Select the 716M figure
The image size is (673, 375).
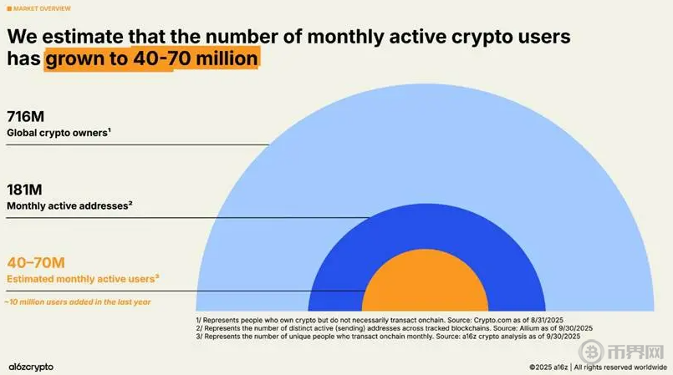click(24, 117)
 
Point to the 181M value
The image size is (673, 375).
click(25, 189)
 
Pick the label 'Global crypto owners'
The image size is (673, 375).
click(59, 133)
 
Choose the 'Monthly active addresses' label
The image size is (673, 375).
click(69, 205)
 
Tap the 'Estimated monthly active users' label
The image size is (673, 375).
click(82, 278)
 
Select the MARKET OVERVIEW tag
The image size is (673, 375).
click(43, 8)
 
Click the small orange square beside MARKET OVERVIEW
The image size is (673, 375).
click(9, 8)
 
